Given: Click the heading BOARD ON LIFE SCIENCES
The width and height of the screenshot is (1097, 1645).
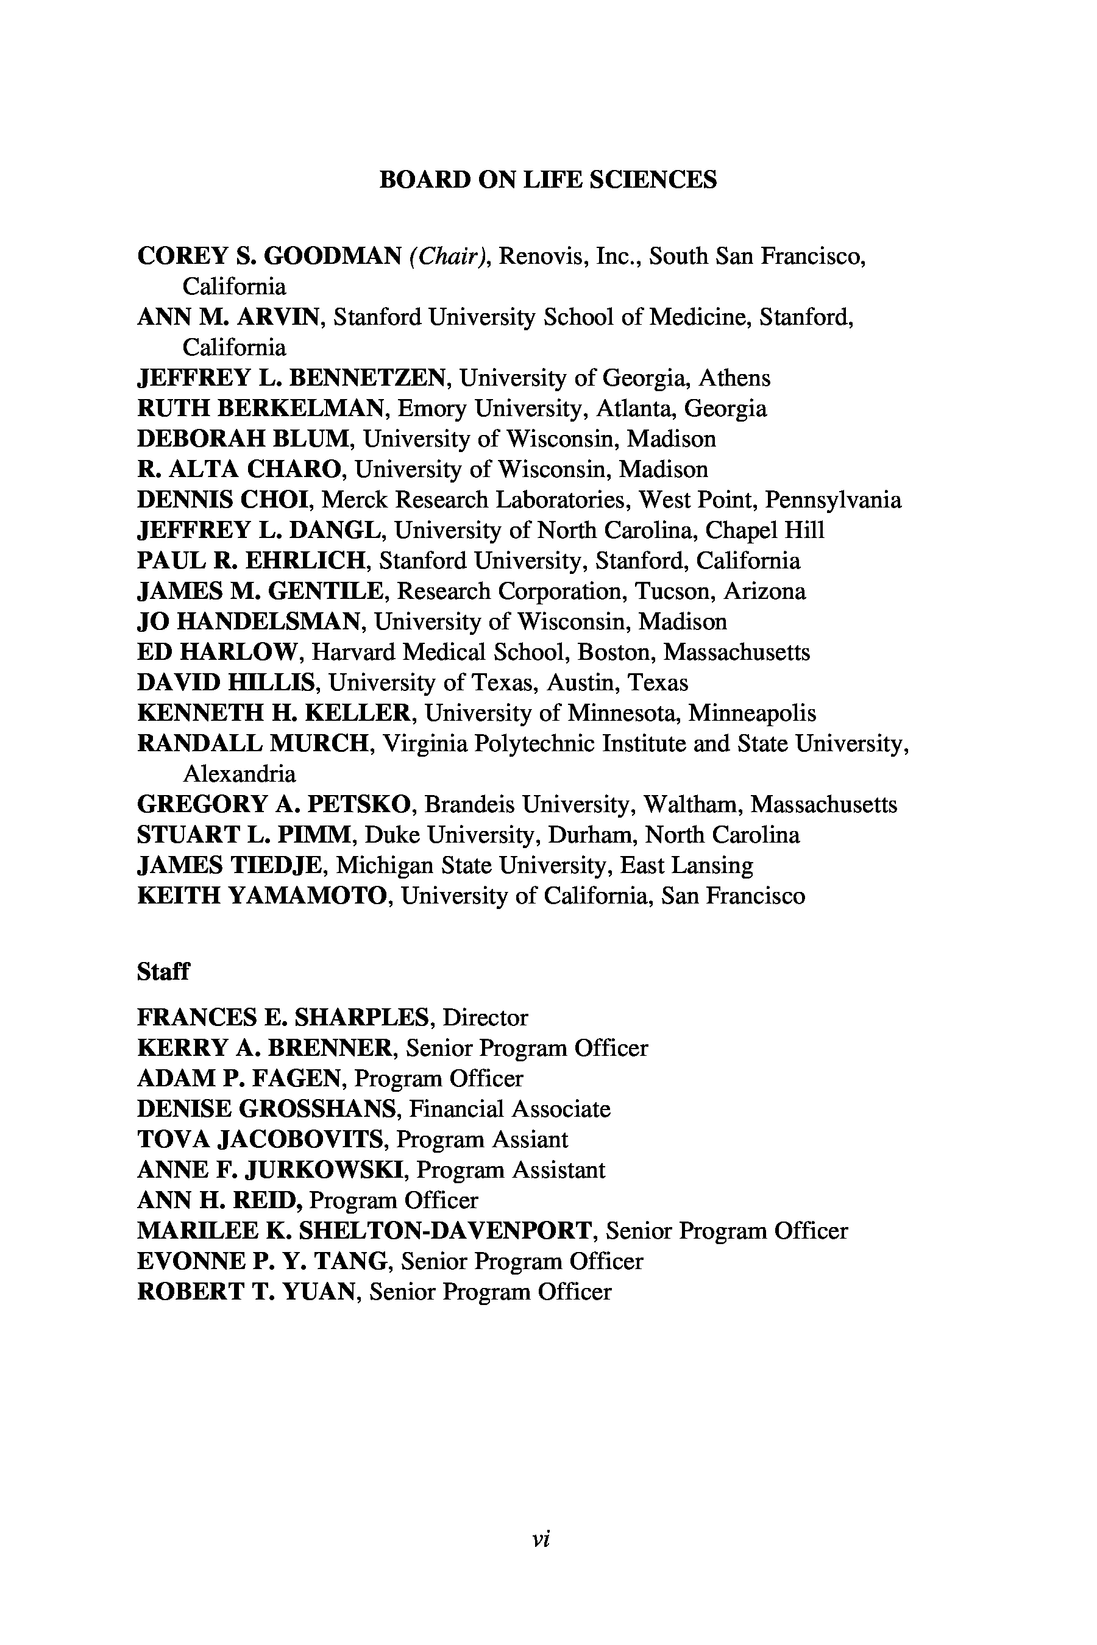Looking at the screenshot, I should click(548, 180).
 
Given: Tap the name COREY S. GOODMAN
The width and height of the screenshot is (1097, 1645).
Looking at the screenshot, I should click(269, 256).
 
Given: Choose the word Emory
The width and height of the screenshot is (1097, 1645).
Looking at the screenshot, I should click(431, 408).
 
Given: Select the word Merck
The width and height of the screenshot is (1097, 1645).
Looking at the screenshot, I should click(355, 500).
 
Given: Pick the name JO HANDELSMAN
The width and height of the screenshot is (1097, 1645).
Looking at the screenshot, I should click(249, 622).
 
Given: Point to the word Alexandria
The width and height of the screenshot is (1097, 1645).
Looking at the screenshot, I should click(240, 774).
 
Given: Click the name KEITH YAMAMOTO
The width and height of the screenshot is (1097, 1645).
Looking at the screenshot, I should click(262, 896).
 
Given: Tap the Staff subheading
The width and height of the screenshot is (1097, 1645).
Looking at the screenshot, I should click(163, 972).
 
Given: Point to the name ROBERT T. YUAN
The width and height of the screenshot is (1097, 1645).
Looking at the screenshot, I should click(246, 1292).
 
